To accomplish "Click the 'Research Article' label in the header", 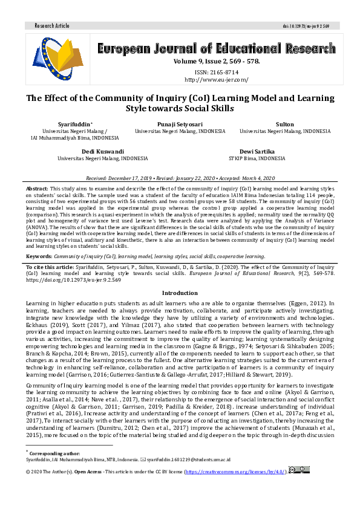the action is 52,26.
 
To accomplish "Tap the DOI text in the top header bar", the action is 311,26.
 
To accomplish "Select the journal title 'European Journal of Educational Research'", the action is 216,49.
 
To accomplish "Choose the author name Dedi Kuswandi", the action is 102,151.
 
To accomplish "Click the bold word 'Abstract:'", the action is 38,188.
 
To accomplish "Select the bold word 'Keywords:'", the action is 39,257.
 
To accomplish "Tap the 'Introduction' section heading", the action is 180,293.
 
